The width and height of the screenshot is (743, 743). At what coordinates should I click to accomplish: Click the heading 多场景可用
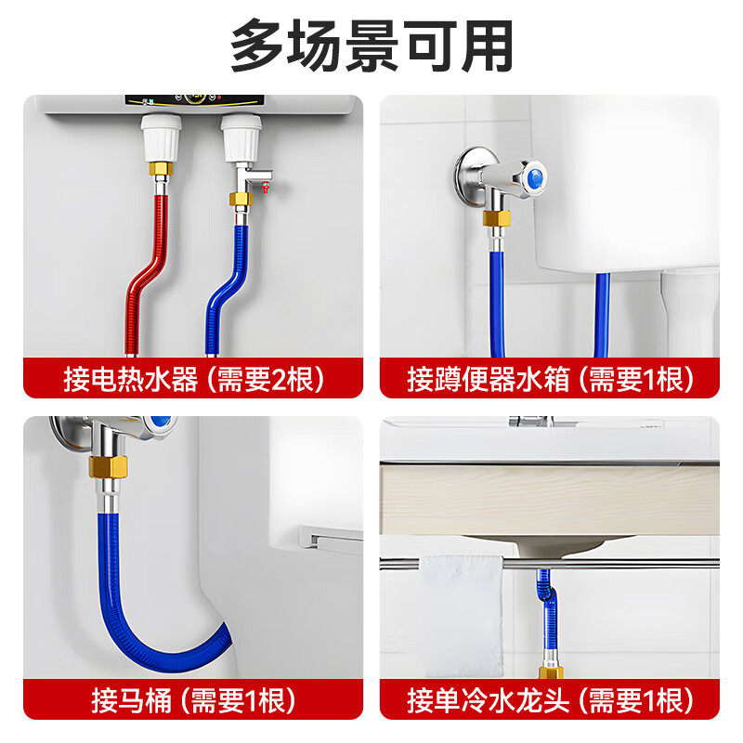371,46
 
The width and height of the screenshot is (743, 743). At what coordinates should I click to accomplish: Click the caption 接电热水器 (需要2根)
193,378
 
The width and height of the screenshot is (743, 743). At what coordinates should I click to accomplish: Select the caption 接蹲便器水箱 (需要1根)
550,378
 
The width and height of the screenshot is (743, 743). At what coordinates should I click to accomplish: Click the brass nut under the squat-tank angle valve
496,219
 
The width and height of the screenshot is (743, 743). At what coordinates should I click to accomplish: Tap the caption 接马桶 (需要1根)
193,698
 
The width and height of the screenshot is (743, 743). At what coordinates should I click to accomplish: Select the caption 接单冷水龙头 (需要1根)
550,698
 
